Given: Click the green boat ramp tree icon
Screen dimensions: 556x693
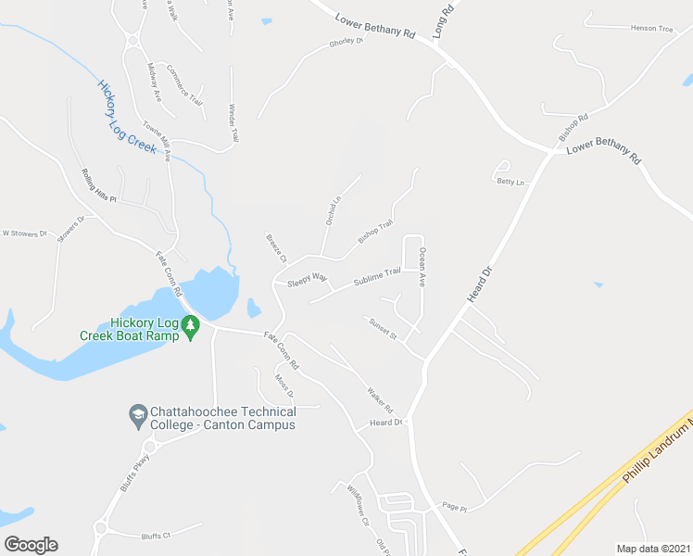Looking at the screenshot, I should [x=191, y=326].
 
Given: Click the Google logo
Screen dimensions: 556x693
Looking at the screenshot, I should [x=31, y=545].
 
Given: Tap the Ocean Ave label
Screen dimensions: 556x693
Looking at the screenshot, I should [x=422, y=265].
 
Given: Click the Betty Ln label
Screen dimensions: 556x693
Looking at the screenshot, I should [x=510, y=183].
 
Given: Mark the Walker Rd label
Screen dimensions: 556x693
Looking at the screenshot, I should [x=381, y=399].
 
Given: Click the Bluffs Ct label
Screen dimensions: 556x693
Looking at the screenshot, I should [x=157, y=536].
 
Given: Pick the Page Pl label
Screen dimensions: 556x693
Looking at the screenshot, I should [x=454, y=508].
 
